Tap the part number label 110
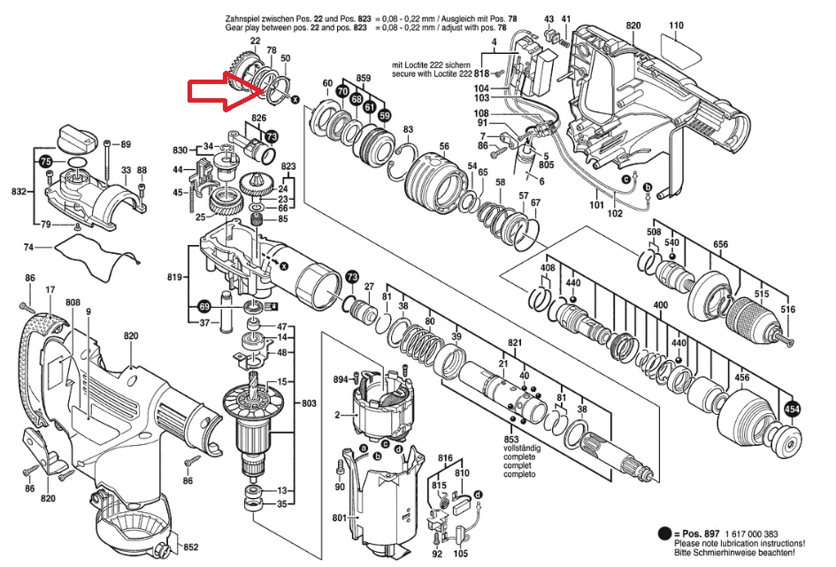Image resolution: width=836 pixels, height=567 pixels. click(677, 26)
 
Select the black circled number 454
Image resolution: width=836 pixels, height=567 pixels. click(792, 410)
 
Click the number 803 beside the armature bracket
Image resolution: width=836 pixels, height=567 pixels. click(308, 403)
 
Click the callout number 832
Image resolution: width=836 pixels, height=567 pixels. click(18, 192)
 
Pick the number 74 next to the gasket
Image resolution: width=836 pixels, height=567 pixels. click(28, 247)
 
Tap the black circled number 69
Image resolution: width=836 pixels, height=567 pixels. click(204, 307)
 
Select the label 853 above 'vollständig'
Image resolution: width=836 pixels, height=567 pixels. click(510, 440)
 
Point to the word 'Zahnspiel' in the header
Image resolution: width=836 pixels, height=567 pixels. click(246, 18)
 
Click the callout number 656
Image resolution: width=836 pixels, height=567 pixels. click(720, 245)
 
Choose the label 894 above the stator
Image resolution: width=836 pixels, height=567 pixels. click(341, 379)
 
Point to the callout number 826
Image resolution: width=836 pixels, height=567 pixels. click(258, 119)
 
